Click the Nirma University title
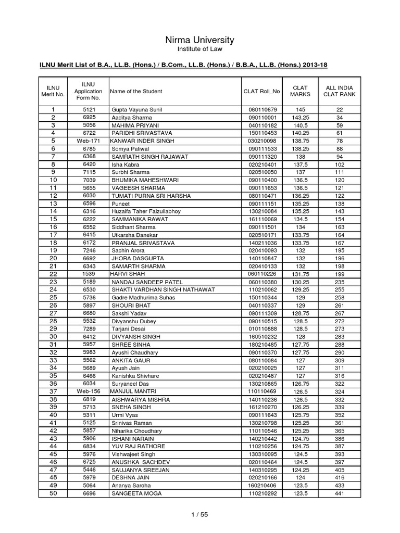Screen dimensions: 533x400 [199, 40]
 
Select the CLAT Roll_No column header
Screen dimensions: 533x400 [261, 91]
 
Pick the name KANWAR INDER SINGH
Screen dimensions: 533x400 [142, 141]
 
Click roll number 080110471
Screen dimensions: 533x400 [261, 196]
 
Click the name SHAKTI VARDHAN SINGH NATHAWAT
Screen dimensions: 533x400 [155, 289]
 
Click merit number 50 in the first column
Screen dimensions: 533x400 [53, 493]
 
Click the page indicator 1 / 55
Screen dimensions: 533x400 [199, 515]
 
